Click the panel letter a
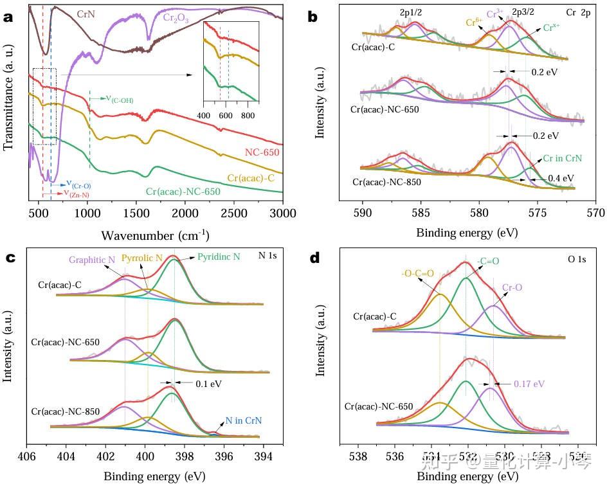click(x=8, y=17)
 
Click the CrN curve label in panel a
click(x=86, y=14)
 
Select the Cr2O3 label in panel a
click(x=175, y=19)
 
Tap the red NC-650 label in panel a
click(x=262, y=153)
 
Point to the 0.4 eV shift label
click(x=560, y=177)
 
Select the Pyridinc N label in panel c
click(x=218, y=256)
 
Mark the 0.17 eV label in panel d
click(x=529, y=384)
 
